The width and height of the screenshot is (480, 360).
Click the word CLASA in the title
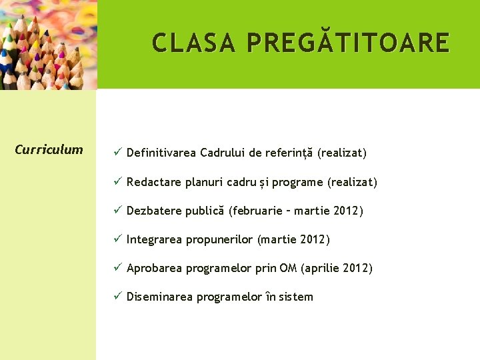click(x=195, y=43)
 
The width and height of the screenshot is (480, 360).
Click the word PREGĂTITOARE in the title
click(x=348, y=43)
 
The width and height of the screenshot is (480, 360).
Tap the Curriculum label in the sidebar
click(x=49, y=149)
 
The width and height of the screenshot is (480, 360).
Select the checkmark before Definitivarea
click(x=116, y=153)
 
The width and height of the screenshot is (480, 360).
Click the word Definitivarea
click(x=161, y=153)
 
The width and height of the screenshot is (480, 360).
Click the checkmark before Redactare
click(x=116, y=182)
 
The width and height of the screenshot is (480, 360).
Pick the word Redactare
click(x=154, y=182)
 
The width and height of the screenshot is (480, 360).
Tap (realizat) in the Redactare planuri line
click(x=352, y=182)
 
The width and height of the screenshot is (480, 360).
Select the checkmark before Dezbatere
click(x=116, y=211)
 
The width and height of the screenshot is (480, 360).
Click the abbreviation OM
click(x=288, y=268)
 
